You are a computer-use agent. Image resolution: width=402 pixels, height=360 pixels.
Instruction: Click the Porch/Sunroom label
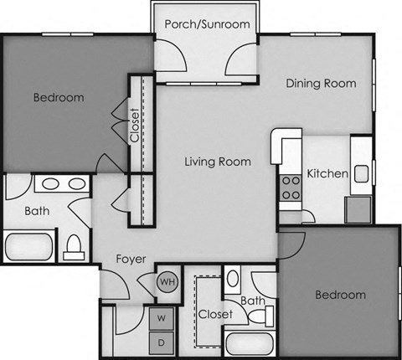point(207,24)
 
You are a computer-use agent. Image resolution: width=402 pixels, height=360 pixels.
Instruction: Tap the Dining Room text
point(322,83)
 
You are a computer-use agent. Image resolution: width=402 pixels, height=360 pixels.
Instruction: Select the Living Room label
point(218,162)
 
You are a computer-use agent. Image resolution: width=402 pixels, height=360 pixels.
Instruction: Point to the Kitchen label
point(327,173)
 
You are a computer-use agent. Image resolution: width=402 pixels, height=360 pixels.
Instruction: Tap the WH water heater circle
point(167,283)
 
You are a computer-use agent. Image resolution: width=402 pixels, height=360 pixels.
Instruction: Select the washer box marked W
point(161,318)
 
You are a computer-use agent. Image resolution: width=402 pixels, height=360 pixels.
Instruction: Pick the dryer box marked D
point(161,342)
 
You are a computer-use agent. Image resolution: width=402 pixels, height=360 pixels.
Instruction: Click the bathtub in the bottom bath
point(249,344)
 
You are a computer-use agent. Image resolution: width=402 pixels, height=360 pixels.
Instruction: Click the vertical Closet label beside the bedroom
point(136,125)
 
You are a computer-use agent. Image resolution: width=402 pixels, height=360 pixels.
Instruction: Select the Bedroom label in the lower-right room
point(340,295)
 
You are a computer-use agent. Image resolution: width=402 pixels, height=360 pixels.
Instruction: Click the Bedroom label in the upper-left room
point(59,98)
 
